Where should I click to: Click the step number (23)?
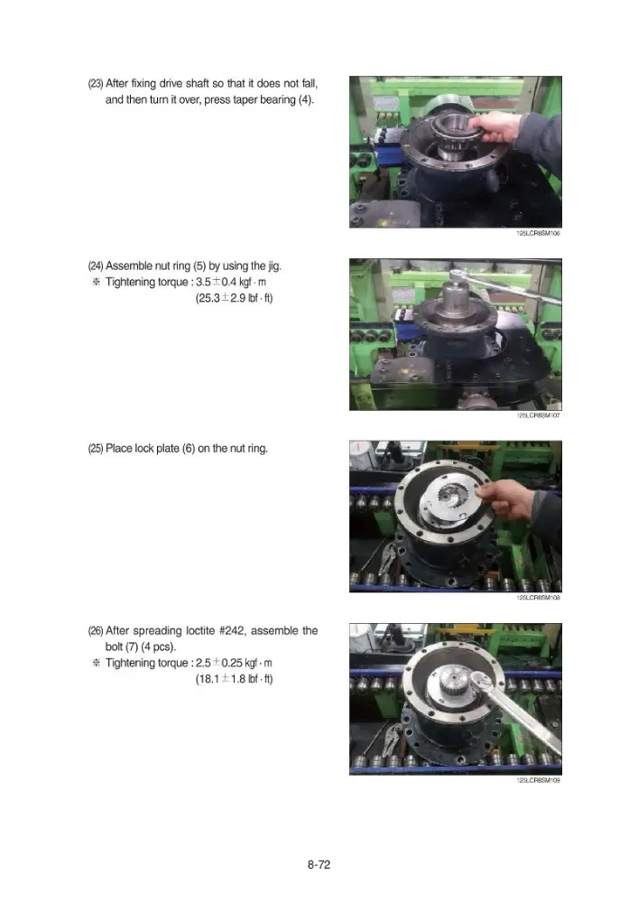96,83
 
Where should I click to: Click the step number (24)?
96,266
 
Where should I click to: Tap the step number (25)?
96,449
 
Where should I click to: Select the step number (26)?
96,631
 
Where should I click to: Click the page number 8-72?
319,864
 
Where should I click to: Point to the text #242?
232,630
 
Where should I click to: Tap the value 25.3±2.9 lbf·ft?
234,298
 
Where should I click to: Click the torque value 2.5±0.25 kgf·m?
234,663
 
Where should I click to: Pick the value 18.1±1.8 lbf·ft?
234,679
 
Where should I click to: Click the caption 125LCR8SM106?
539,233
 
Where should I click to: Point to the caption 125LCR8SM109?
539,780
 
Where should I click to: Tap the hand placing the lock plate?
509,498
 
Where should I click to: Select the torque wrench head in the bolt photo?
480,681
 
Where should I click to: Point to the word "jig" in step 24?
273,266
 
